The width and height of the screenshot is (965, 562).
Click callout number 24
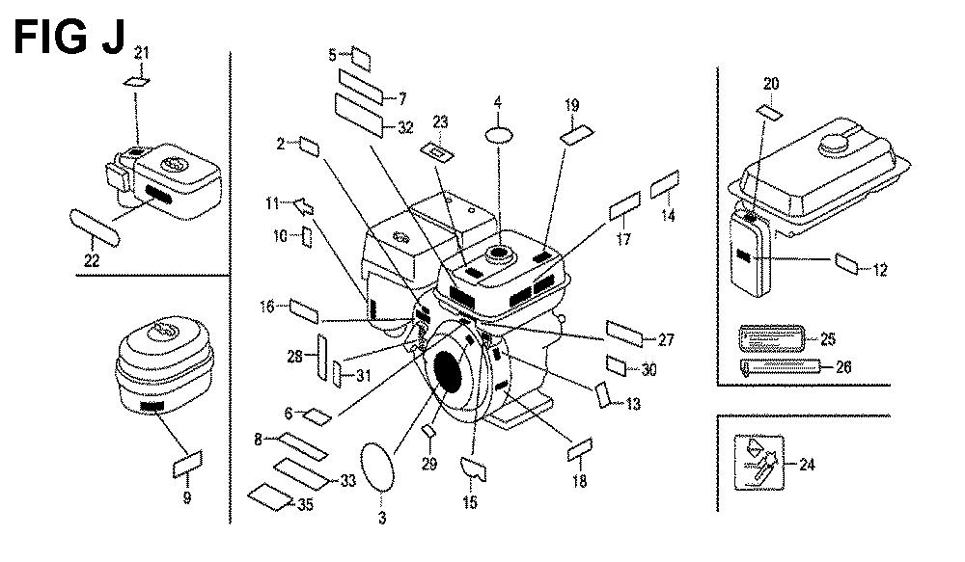click(807, 466)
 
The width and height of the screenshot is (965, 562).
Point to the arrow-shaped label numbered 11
click(301, 203)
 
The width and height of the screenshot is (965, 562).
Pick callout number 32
click(404, 126)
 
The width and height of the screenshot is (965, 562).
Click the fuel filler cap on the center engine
click(501, 255)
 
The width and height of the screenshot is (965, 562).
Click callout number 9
click(186, 498)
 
